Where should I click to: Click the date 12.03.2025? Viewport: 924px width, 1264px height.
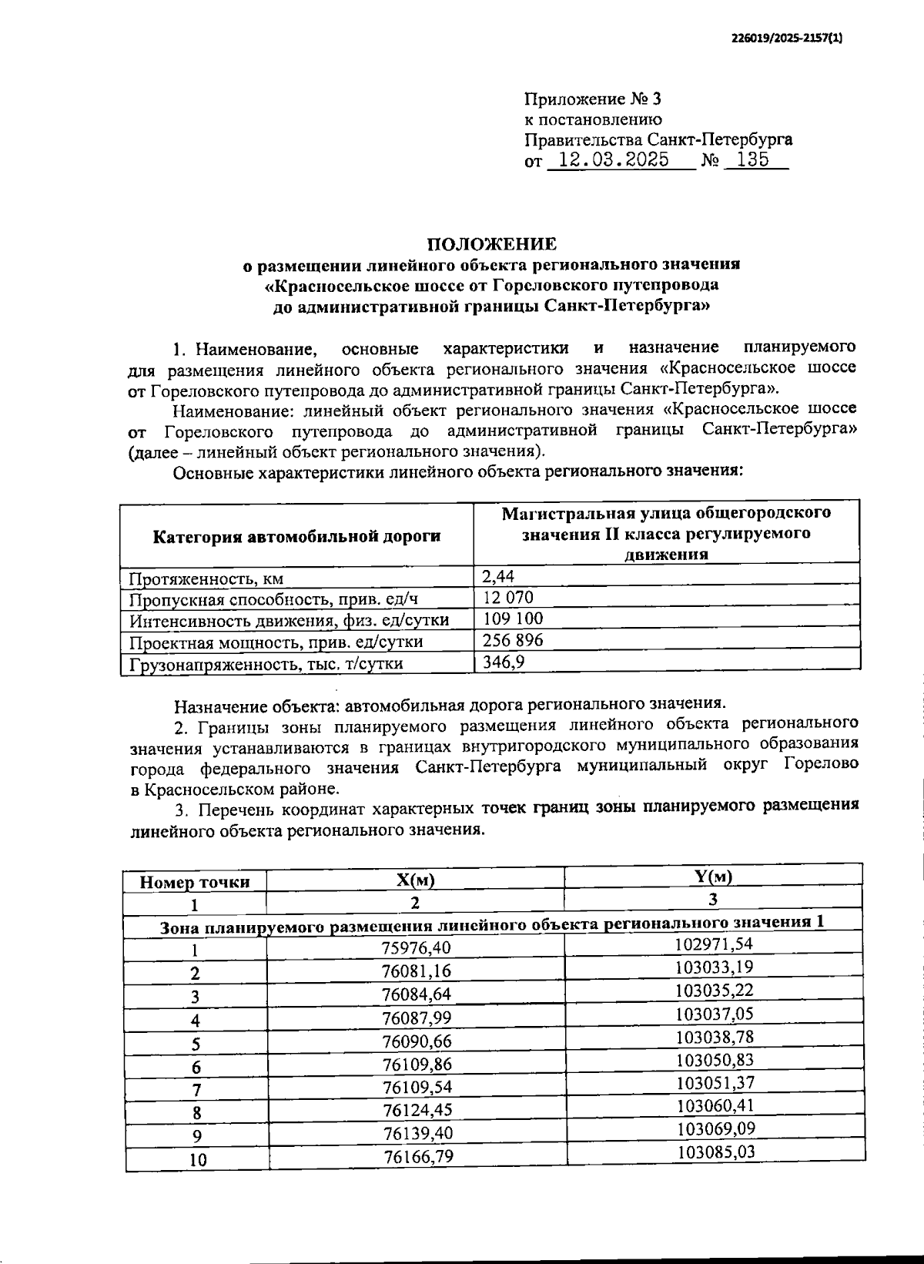click(613, 161)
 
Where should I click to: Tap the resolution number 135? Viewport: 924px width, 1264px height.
click(752, 161)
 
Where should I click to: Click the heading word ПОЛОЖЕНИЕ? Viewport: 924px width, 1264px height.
click(491, 245)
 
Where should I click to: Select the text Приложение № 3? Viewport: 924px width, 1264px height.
click(592, 99)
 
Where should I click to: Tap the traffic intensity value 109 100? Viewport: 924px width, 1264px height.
click(513, 619)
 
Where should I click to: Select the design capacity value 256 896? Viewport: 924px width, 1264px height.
click(513, 640)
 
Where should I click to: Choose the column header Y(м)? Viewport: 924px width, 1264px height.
click(713, 877)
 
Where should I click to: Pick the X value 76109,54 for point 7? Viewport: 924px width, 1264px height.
click(417, 1087)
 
